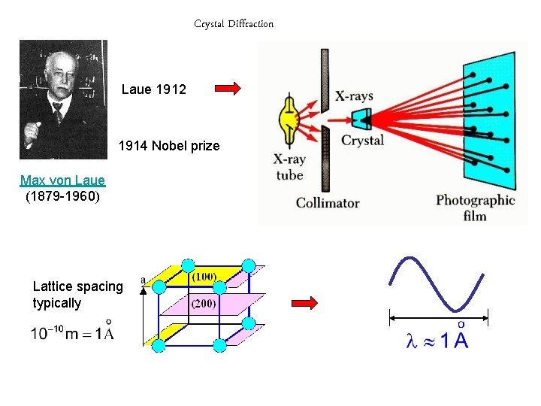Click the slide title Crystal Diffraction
[234, 24]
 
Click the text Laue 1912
[154, 89]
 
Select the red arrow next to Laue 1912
[228, 89]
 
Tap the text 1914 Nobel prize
[169, 146]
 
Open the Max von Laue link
[62, 180]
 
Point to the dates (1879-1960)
[62, 197]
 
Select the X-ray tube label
[289, 168]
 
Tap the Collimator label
[328, 202]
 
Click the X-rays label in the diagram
[353, 96]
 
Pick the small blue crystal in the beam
[362, 118]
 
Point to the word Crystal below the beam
[362, 141]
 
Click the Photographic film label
[475, 208]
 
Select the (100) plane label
[204, 277]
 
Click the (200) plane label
[204, 304]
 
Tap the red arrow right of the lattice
[304, 302]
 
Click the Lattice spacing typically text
[77, 295]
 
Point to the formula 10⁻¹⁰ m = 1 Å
[72, 332]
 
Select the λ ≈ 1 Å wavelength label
[437, 340]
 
